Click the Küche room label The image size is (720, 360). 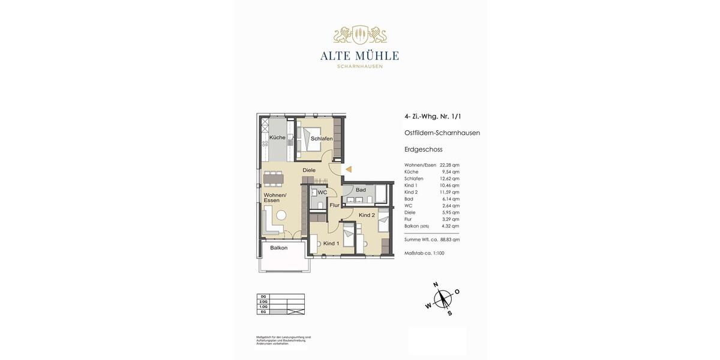coord(277,137)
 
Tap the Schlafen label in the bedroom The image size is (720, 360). coord(322,139)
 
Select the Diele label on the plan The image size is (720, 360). coord(309,170)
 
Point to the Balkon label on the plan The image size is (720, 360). coord(278,248)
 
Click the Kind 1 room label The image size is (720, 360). coord(331,244)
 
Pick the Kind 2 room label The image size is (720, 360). coord(367,215)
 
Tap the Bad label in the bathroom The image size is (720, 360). coord(361,190)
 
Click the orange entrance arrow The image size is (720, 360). coord(348,170)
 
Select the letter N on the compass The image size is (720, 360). coord(436,285)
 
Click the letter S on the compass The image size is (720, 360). coord(449,313)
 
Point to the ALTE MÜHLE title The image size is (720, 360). coord(359,56)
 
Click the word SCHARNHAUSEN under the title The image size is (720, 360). coord(359,67)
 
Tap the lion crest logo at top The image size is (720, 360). coord(359,35)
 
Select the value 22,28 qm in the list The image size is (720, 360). coord(449,165)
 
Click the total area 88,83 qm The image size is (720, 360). coord(450,239)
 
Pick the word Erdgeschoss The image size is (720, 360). coord(423,149)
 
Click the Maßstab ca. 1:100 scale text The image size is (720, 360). coord(424,253)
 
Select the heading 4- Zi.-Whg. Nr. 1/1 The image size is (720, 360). coord(433,116)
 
